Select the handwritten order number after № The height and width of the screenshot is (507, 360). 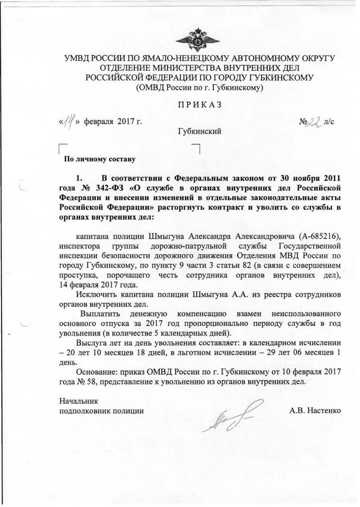[x=311, y=121]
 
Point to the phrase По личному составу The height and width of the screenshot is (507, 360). [x=97, y=159]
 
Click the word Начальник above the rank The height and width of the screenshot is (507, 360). [x=78, y=400]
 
